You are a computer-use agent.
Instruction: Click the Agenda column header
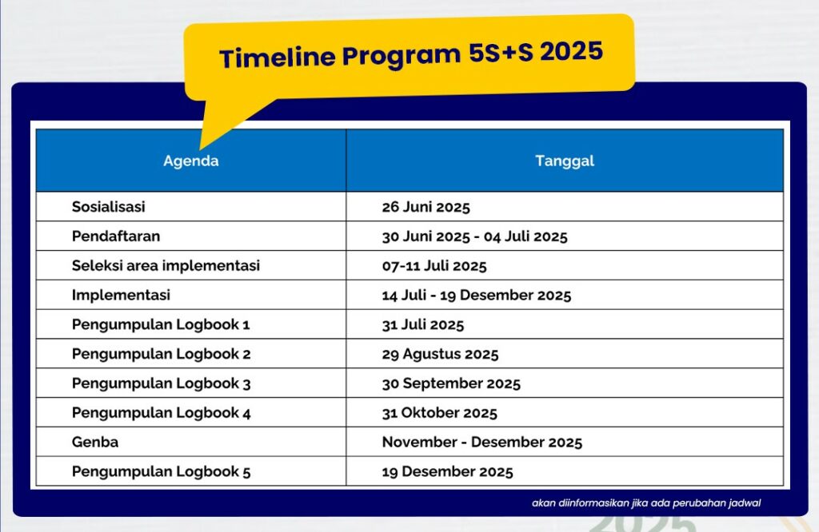tap(190, 161)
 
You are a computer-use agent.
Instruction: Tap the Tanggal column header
tap(565, 161)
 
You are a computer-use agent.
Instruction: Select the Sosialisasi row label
tap(109, 207)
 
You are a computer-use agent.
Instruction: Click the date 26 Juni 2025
tap(425, 207)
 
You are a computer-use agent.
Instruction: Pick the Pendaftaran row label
tap(116, 236)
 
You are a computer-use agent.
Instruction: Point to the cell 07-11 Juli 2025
tap(434, 266)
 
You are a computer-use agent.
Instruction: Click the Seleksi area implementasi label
tap(166, 265)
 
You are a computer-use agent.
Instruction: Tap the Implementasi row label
tap(122, 296)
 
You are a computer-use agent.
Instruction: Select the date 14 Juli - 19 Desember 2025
tap(477, 296)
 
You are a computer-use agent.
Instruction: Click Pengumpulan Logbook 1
tap(161, 324)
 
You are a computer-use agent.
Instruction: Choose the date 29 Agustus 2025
tap(441, 354)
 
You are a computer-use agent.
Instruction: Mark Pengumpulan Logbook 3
tap(161, 383)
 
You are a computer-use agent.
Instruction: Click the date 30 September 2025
tap(451, 383)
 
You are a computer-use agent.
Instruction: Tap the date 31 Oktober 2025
tap(439, 413)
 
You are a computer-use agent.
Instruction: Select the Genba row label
tap(95, 443)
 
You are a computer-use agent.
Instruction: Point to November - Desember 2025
tap(482, 443)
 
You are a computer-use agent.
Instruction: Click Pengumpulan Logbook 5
tap(161, 471)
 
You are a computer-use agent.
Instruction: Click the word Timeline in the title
tap(278, 57)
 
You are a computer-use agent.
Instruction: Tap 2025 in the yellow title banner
tap(571, 51)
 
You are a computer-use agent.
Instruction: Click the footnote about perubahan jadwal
tap(646, 503)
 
